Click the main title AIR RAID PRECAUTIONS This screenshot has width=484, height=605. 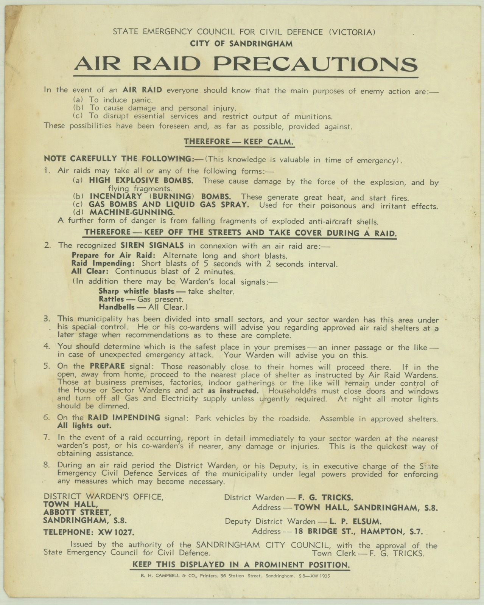pyautogui.click(x=246, y=64)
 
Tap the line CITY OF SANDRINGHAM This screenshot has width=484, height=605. pyautogui.click(x=241, y=44)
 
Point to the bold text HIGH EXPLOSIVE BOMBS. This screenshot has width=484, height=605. pyautogui.click(x=141, y=181)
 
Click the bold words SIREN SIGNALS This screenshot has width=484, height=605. pyautogui.click(x=152, y=245)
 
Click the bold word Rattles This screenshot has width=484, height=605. pyautogui.click(x=111, y=299)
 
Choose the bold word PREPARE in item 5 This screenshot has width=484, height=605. pyautogui.click(x=107, y=366)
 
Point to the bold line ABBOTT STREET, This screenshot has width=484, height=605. pyautogui.click(x=77, y=512)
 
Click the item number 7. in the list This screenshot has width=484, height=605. pyautogui.click(x=47, y=437)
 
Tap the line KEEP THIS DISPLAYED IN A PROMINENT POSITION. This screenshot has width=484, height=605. pyautogui.click(x=240, y=565)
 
